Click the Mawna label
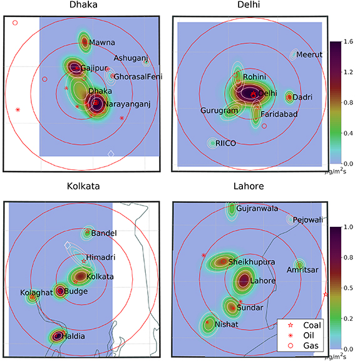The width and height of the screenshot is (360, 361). pos(101,43)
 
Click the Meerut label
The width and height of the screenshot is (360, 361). pos(309,55)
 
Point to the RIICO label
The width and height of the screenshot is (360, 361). pos(226,144)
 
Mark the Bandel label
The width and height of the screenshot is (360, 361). pos(104,234)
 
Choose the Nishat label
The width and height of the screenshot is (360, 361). pos(227,325)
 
